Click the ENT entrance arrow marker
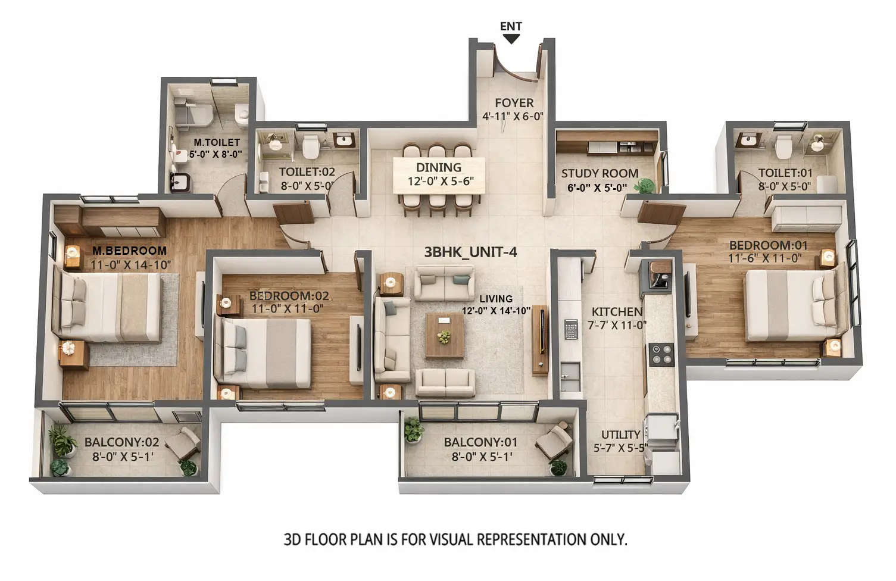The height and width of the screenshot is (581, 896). coord(511,39)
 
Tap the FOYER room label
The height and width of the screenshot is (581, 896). coord(514,103)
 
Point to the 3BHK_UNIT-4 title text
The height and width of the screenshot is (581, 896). coord(470,252)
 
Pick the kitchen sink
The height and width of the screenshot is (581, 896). coord(570,373)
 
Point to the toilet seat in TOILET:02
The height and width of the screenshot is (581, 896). coord(310,146)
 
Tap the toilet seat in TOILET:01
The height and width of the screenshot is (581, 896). coord(783,145)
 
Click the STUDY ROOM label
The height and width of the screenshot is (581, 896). coord(600,173)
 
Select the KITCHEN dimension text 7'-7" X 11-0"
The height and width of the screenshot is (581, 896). coord(617,325)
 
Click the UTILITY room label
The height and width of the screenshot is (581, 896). coord(620,435)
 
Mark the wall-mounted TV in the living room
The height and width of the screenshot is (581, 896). coord(541,339)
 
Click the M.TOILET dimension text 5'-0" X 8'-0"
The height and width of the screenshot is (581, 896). coord(216,154)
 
